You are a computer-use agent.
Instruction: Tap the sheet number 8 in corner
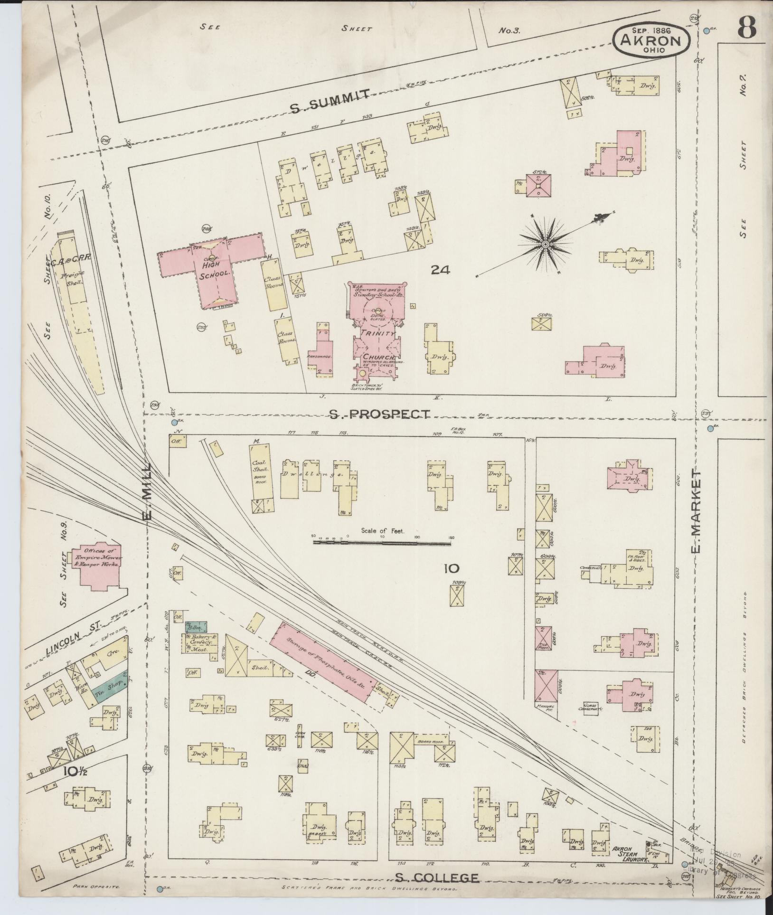(746, 29)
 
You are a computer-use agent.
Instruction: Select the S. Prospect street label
(380, 415)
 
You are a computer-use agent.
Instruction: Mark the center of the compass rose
(545, 244)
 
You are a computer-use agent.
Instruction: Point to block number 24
(441, 270)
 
